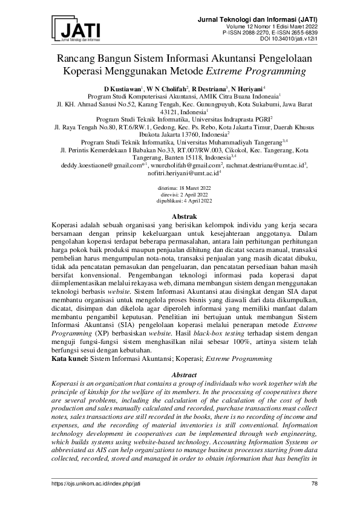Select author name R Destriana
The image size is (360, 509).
(208, 88)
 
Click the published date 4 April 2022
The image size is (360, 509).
(193, 201)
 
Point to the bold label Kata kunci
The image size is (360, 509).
(70, 358)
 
